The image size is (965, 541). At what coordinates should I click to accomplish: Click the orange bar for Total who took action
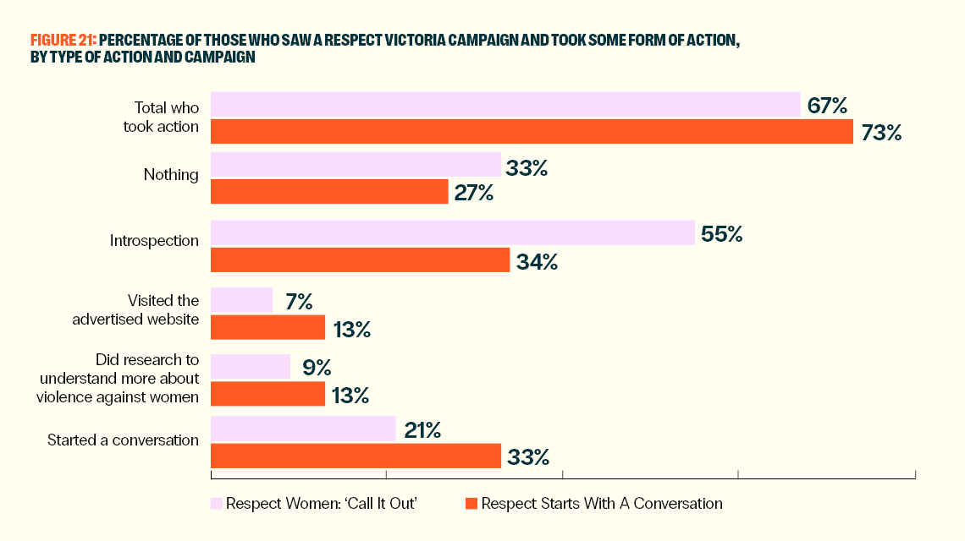tap(532, 132)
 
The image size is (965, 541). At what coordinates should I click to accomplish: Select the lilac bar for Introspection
tap(453, 232)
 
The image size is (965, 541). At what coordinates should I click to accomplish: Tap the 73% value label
tap(882, 133)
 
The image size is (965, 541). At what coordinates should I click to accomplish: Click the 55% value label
tap(722, 234)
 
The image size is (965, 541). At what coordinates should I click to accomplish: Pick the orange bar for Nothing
tap(329, 192)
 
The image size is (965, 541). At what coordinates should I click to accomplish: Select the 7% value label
tap(299, 301)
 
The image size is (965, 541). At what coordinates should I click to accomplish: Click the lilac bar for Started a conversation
tap(303, 429)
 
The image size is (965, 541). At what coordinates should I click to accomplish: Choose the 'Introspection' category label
tap(154, 241)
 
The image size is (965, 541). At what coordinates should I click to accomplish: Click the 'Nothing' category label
tap(171, 175)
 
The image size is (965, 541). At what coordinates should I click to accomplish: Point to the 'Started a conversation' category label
tap(123, 440)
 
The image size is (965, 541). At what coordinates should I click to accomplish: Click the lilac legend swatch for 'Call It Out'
tap(216, 504)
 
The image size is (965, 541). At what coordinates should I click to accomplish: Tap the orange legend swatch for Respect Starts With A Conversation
tap(471, 504)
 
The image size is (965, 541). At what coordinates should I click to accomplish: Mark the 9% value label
tap(317, 368)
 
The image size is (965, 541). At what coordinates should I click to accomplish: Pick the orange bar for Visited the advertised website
tap(267, 327)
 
